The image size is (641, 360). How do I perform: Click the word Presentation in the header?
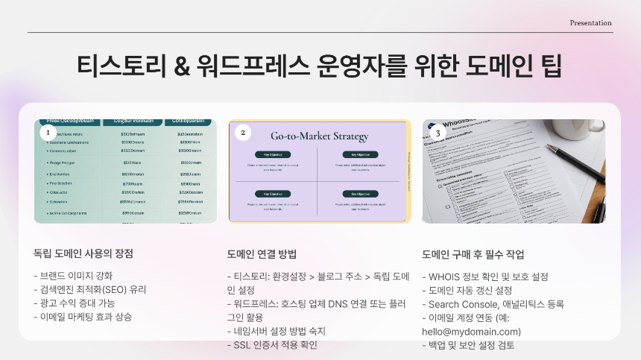click(x=590, y=23)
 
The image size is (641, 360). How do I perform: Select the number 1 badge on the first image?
click(x=48, y=132)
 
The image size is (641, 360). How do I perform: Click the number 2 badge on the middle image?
click(x=242, y=133)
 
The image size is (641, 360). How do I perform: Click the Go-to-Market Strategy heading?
click(x=319, y=136)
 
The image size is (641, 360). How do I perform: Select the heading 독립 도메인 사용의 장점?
click(x=83, y=254)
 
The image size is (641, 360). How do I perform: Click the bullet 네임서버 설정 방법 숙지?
click(x=280, y=331)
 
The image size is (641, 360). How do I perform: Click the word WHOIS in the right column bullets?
click(x=444, y=277)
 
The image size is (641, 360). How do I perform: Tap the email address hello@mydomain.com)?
click(x=471, y=331)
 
